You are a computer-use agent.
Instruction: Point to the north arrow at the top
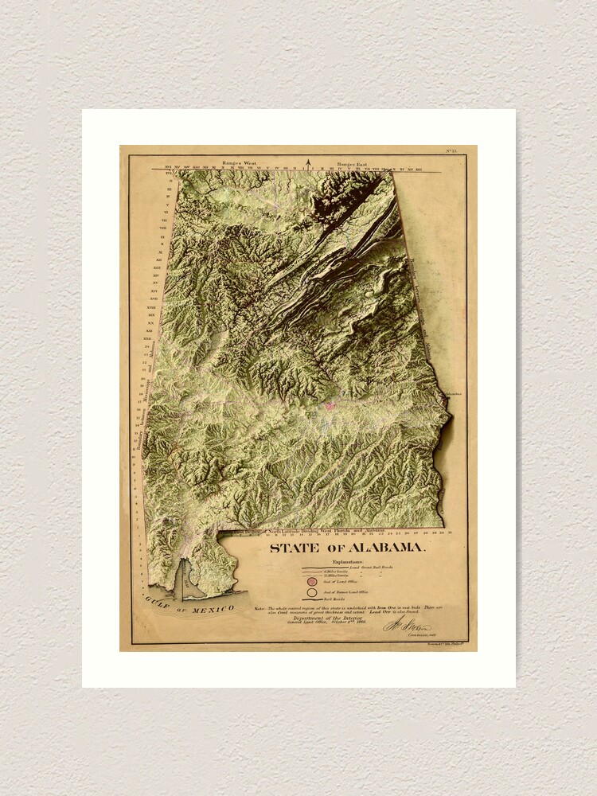308,165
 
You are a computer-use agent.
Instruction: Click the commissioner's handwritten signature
407,625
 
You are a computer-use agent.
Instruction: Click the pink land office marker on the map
328,406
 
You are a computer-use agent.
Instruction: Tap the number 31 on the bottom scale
451,531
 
